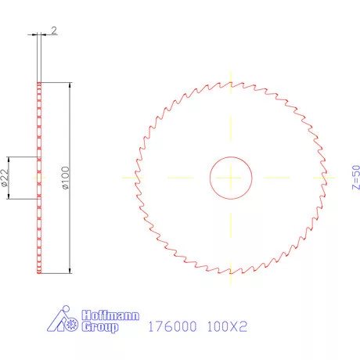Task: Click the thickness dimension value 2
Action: [x=54, y=30]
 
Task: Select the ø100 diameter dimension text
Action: [x=66, y=178]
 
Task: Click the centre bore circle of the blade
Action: [x=230, y=177]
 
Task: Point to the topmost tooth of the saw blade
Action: [x=230, y=83]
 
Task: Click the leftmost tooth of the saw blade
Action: [x=137, y=177]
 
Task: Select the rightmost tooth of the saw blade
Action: [x=324, y=177]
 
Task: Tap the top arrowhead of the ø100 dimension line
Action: [x=70, y=85]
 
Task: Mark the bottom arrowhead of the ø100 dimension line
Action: [x=70, y=270]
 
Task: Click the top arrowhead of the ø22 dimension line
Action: [x=10, y=159]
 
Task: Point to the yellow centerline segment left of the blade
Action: [x=128, y=177]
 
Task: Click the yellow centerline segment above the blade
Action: [x=230, y=77]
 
